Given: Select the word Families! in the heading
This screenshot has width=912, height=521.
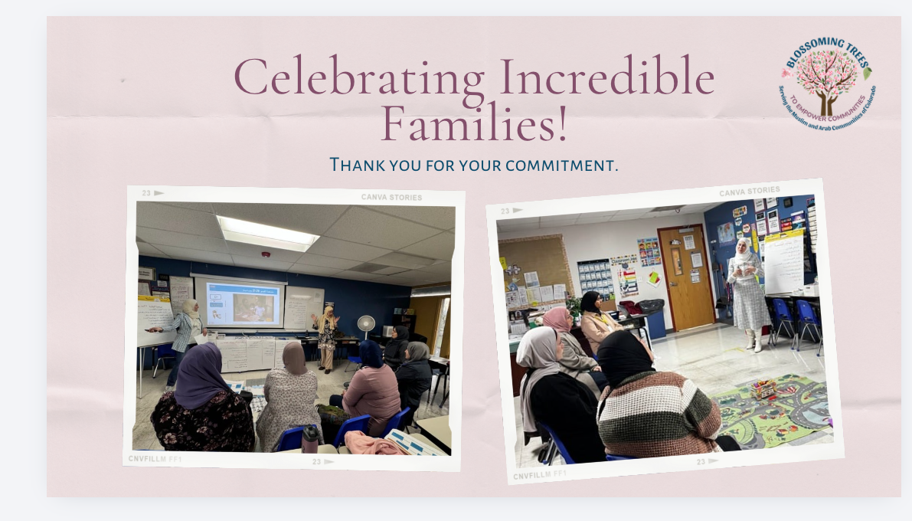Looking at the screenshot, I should pyautogui.click(x=474, y=125).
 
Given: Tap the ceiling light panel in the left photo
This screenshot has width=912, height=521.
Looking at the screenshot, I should pyautogui.click(x=266, y=232).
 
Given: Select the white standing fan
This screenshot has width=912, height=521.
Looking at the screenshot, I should pyautogui.click(x=366, y=326).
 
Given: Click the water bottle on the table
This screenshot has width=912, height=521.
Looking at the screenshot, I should pyautogui.click(x=310, y=439).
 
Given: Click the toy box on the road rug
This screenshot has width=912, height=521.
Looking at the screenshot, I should pyautogui.click(x=763, y=389).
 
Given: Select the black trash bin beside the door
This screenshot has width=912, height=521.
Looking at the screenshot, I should pyautogui.click(x=651, y=315).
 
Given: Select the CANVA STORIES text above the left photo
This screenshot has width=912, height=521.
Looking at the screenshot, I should pyautogui.click(x=391, y=198).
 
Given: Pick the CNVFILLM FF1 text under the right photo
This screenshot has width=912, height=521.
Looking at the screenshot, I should pyautogui.click(x=541, y=475).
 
